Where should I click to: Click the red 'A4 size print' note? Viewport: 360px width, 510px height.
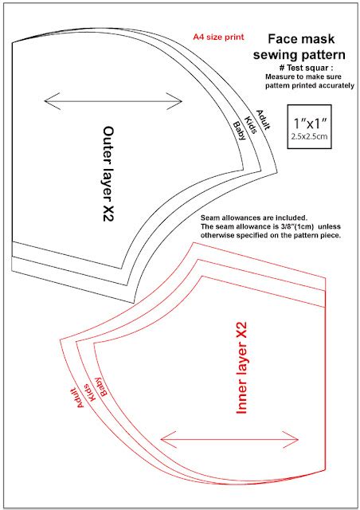click(218, 37)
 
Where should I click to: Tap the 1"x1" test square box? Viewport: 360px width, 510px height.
click(311, 126)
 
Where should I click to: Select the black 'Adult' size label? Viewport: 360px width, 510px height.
click(264, 118)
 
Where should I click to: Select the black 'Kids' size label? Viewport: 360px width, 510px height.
click(250, 124)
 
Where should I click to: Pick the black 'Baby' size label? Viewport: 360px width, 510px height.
click(237, 130)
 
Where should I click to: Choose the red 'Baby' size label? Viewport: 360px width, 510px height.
click(100, 386)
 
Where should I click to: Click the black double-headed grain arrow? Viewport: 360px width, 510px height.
click(113, 100)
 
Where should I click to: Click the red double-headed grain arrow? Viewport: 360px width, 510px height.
click(229, 439)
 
